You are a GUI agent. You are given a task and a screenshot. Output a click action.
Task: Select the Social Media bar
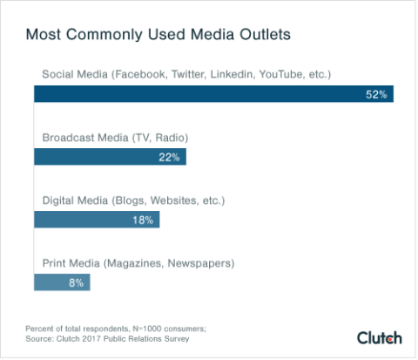coord(213,94)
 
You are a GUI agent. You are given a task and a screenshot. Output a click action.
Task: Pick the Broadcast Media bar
coord(110,157)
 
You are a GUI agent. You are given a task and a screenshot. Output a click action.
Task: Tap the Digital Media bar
coord(96,220)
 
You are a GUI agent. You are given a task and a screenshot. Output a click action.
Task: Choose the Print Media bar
coord(61,282)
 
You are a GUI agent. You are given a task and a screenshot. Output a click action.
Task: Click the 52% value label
coord(376,94)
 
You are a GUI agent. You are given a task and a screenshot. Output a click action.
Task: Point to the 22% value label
coord(169,157)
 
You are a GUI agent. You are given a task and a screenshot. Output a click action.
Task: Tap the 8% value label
coord(76,282)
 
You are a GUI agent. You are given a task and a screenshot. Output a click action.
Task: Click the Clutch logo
coord(380,337)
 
